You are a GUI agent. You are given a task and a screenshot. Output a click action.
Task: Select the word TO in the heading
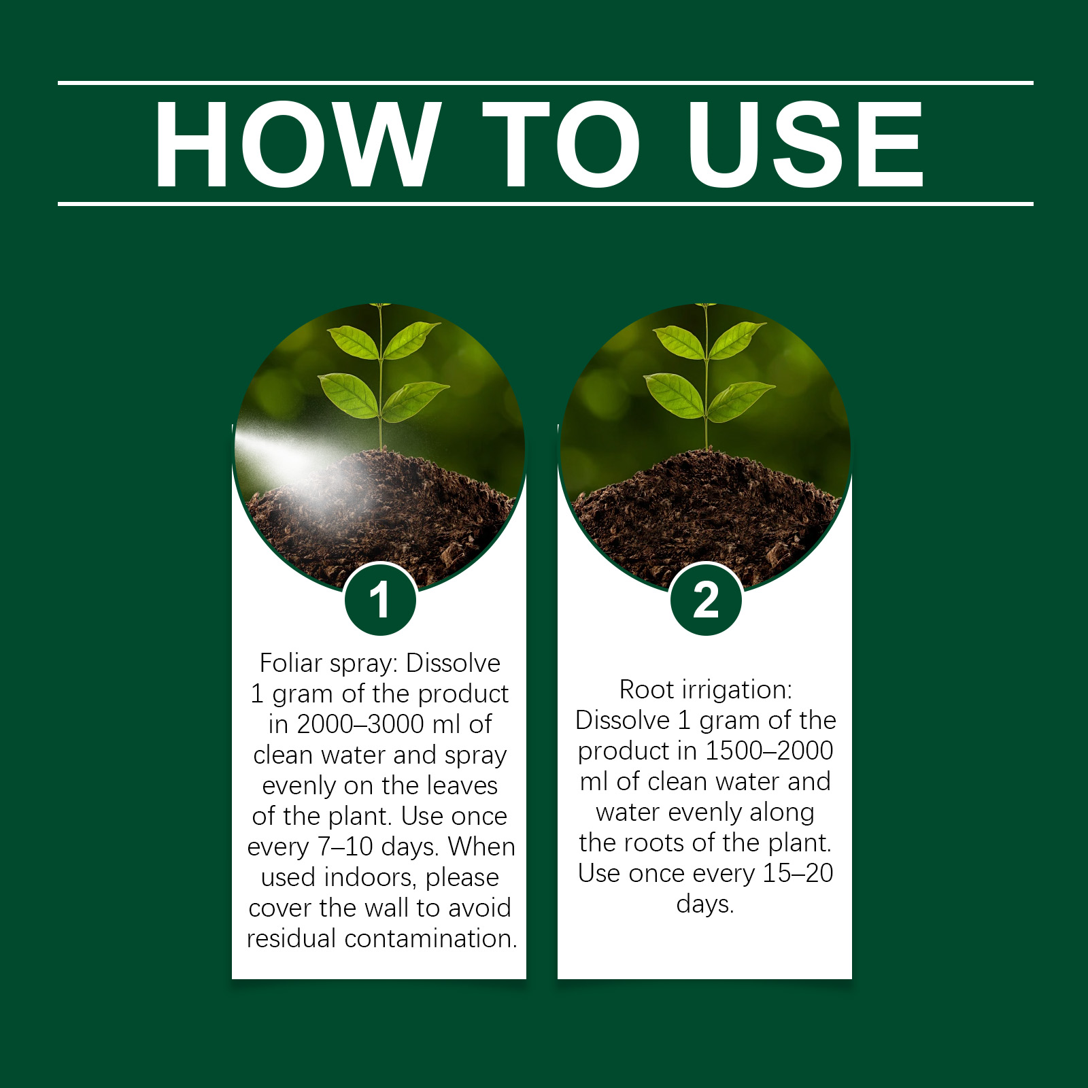(x=562, y=143)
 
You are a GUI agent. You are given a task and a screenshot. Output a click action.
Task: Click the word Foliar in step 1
(x=289, y=663)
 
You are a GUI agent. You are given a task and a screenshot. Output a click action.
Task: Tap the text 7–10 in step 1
(x=345, y=847)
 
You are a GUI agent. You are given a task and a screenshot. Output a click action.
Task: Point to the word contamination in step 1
(x=431, y=938)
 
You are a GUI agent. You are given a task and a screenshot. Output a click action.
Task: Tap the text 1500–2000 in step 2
(x=769, y=751)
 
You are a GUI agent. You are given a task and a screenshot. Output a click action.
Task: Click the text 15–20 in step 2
(x=798, y=873)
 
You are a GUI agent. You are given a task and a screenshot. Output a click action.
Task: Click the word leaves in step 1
(x=463, y=785)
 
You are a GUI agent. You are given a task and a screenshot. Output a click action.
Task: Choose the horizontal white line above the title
(x=545, y=83)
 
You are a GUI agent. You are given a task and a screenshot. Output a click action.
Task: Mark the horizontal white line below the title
(x=545, y=203)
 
